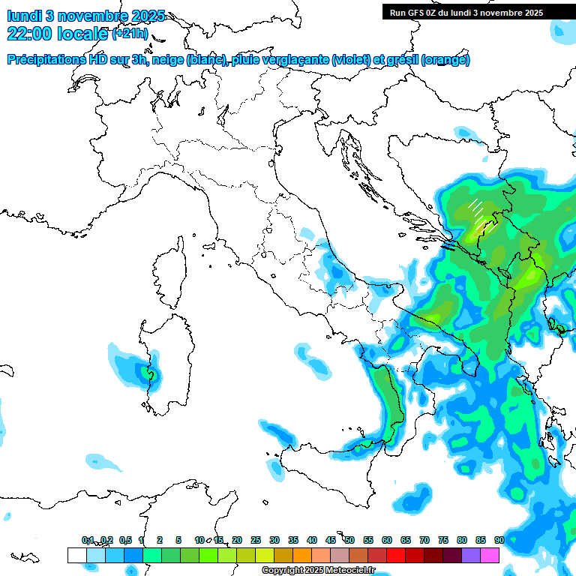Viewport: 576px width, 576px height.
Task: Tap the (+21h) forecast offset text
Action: [x=130, y=34]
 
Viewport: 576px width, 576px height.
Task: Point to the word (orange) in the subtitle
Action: [x=445, y=60]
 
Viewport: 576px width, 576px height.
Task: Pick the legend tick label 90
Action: [x=499, y=540]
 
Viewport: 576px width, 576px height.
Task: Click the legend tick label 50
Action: [x=349, y=540]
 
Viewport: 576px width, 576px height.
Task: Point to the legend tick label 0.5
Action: [x=125, y=540]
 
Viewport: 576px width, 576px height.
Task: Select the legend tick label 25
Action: [x=256, y=540]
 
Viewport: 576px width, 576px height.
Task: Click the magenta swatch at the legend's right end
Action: [x=490, y=555]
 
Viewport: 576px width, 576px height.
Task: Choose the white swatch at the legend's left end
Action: [x=76, y=555]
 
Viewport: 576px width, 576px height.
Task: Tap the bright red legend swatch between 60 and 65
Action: [x=396, y=555]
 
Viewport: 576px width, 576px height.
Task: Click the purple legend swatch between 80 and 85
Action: [x=471, y=555]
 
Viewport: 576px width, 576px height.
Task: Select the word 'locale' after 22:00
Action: [x=81, y=33]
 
